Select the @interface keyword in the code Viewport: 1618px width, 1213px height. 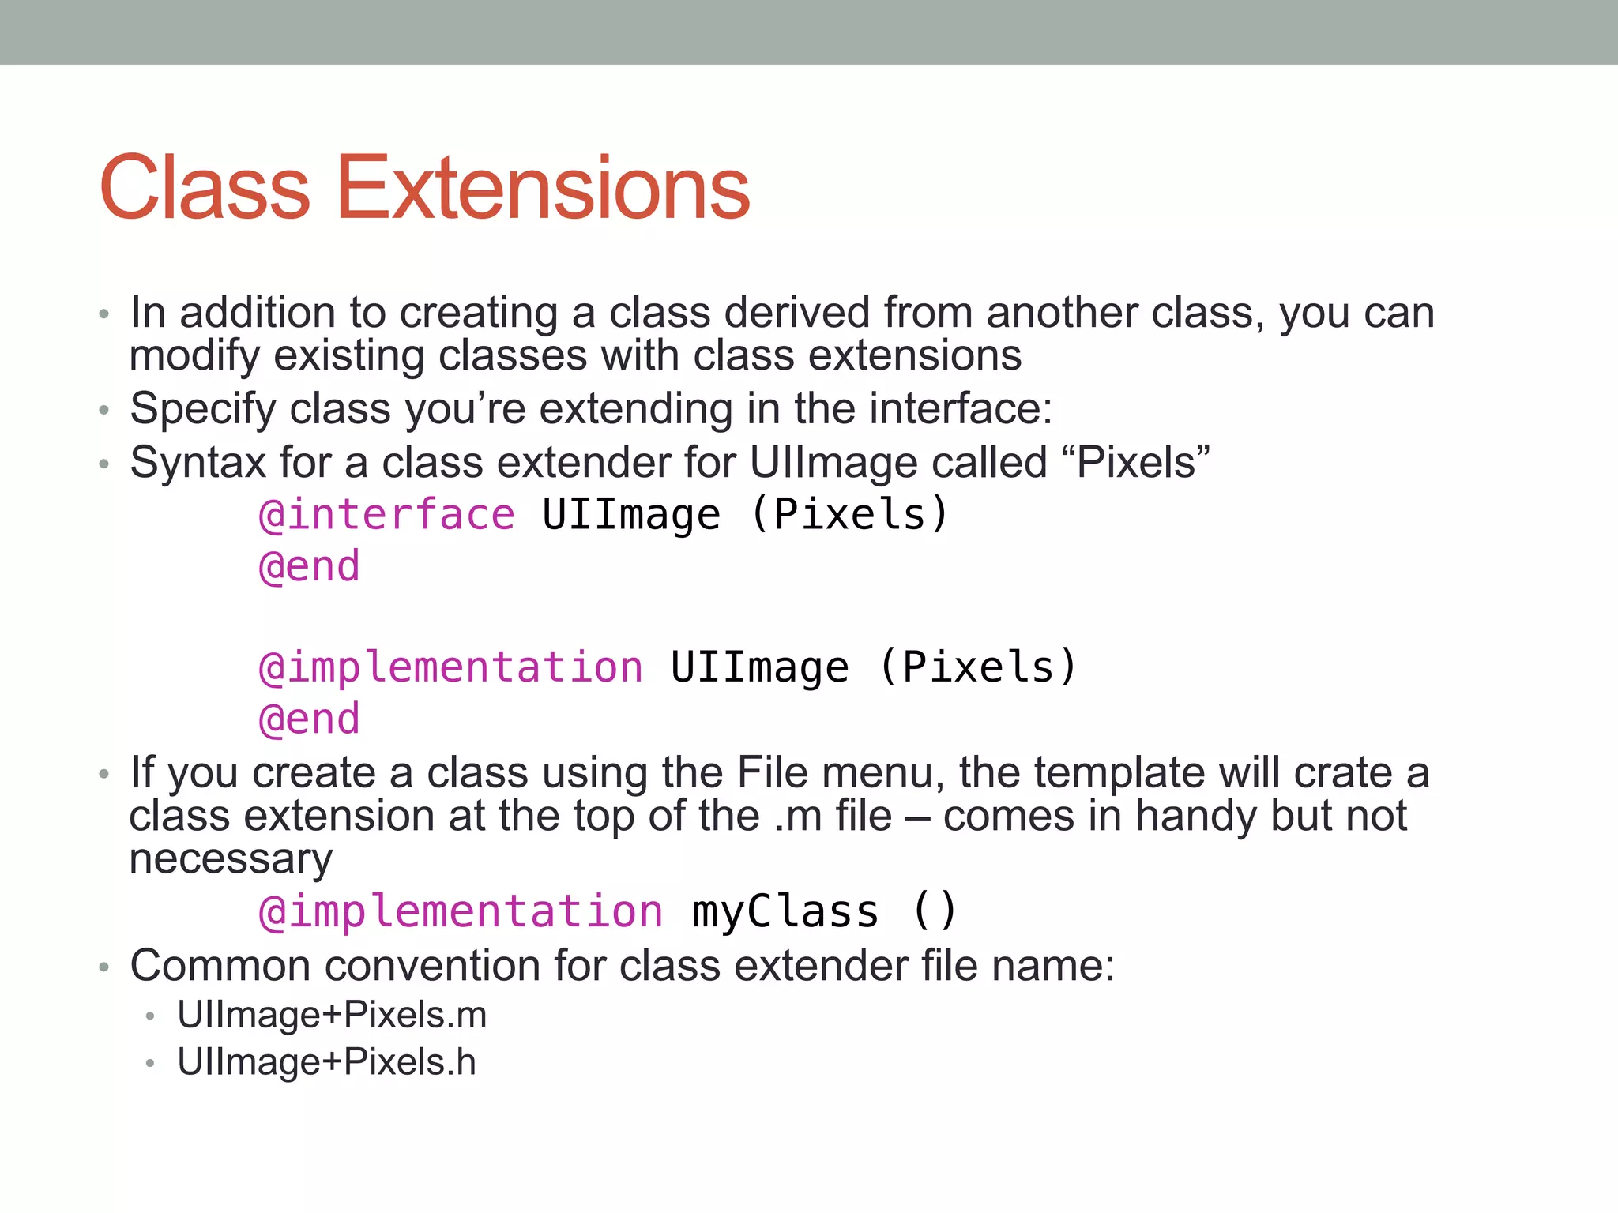point(387,516)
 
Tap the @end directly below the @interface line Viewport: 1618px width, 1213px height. point(310,567)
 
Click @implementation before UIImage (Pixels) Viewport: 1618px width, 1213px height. point(451,667)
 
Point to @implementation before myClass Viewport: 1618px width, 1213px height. point(461,912)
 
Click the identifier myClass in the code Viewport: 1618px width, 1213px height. point(785,912)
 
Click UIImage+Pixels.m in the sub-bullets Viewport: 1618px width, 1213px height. point(332,1015)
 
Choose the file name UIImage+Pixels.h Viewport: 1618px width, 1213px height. point(326,1062)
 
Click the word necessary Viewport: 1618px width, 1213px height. point(231,859)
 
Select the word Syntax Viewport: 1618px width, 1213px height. point(198,464)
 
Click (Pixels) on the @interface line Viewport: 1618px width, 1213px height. point(849,516)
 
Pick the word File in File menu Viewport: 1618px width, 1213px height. point(772,772)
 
